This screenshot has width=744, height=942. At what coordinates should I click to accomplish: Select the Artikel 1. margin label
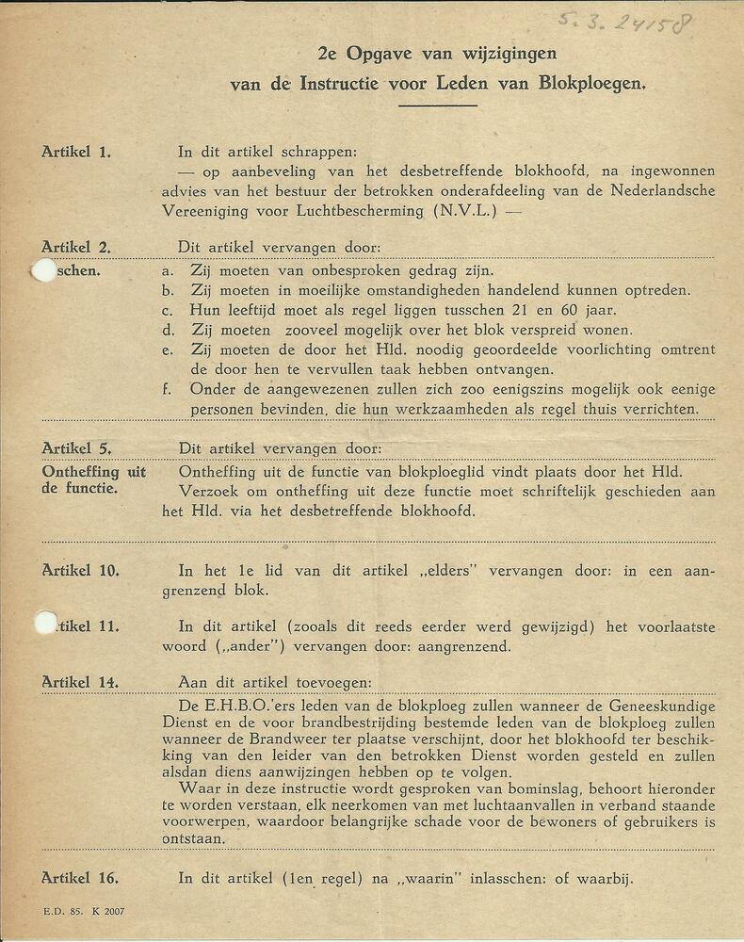click(x=76, y=151)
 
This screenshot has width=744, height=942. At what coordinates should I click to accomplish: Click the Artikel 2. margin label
click(x=76, y=248)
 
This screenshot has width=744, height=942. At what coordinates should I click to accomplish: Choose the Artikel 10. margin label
click(x=80, y=570)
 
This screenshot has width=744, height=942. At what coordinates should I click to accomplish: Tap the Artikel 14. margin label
click(x=80, y=681)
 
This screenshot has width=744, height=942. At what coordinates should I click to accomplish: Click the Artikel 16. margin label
click(x=80, y=878)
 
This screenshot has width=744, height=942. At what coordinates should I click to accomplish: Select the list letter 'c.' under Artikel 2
click(x=167, y=310)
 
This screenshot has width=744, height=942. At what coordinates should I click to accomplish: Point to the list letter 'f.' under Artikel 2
click(x=166, y=389)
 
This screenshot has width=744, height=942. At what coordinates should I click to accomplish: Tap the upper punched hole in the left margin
click(x=43, y=269)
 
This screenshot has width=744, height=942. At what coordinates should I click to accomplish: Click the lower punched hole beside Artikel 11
click(x=45, y=623)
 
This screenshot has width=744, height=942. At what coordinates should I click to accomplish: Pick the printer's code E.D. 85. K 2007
click(x=84, y=912)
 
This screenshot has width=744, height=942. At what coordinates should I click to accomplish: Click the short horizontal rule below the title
click(x=437, y=106)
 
